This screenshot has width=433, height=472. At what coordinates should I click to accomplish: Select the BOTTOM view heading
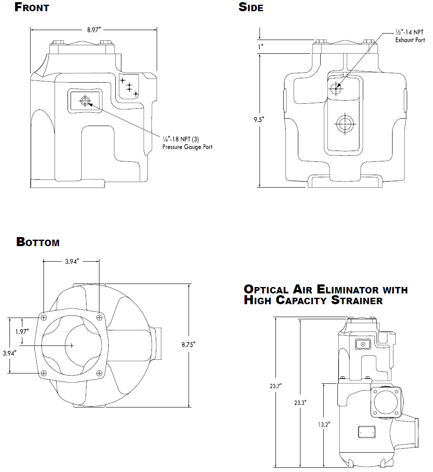point(38,242)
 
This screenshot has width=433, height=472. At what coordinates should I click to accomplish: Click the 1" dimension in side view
point(261,47)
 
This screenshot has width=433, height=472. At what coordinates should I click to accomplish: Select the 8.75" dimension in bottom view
point(189,345)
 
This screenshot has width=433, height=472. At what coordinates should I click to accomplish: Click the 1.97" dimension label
point(21,332)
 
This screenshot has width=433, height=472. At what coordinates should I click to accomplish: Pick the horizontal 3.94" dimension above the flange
point(71,262)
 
